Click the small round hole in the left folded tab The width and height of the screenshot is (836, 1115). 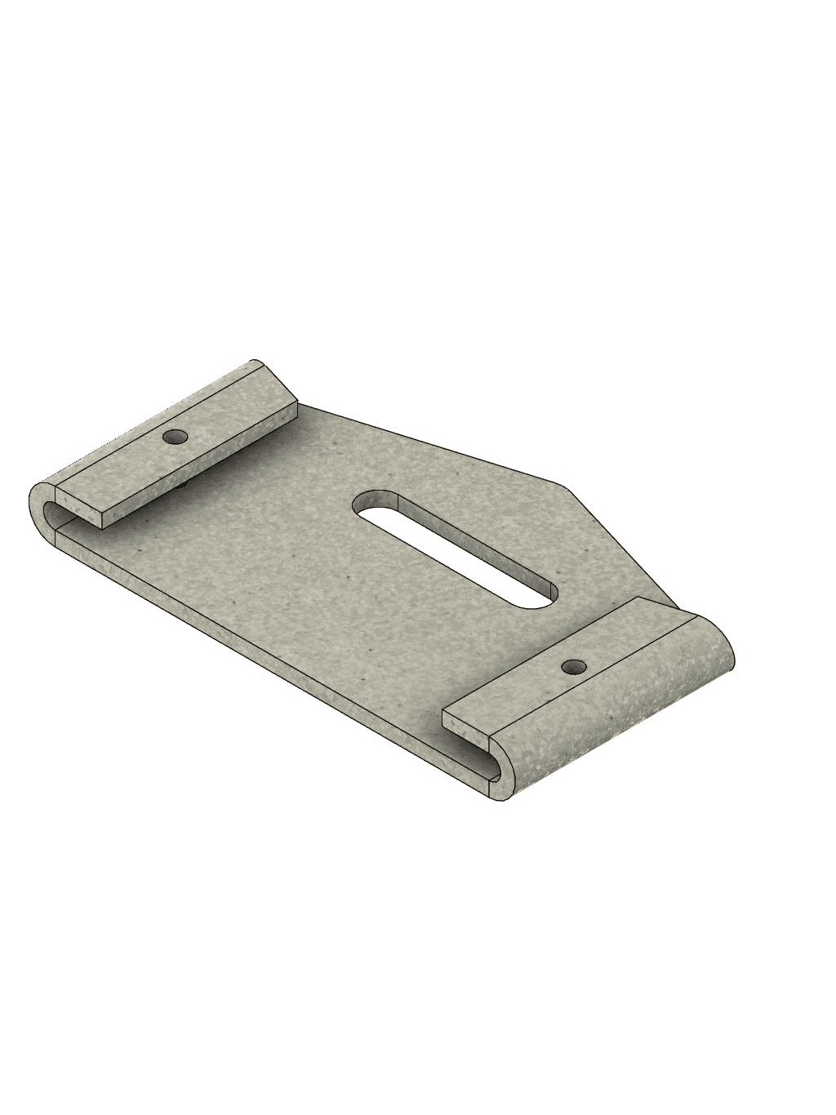tap(172, 437)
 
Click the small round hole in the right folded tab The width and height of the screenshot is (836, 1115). tap(575, 668)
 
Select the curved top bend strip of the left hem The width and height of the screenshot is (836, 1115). tap(147, 408)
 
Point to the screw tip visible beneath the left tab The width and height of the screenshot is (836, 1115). tap(185, 485)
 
